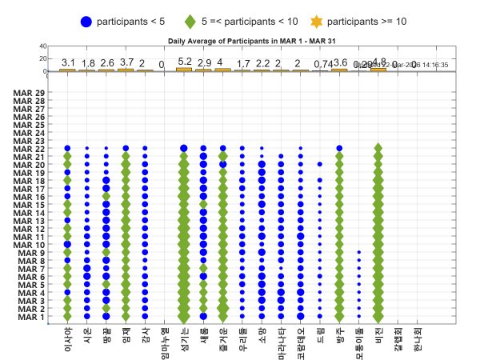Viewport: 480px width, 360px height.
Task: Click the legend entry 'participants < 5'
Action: tap(128, 21)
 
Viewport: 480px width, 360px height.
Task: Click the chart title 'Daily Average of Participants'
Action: tap(242, 40)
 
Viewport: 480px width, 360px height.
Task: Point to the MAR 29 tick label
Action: tap(30, 94)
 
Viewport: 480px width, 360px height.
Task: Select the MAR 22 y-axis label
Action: tap(30, 150)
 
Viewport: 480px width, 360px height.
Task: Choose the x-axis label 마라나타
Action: tap(281, 342)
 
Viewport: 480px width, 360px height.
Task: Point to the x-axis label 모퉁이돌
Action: tap(358, 342)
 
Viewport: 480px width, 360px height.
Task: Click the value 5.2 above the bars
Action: tap(185, 62)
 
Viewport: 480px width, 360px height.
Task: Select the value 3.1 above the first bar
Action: tap(68, 62)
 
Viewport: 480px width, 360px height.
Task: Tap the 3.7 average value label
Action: tap(126, 62)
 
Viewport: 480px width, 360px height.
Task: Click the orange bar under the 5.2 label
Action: tap(185, 70)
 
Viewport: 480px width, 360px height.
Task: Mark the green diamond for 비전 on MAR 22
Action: tap(378, 149)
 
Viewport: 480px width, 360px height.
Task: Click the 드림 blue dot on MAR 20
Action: tap(320, 164)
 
